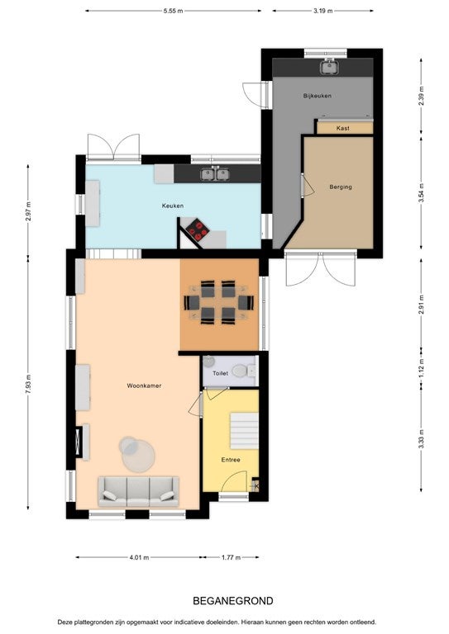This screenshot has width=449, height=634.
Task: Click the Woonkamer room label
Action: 144,386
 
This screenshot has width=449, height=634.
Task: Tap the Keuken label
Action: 173,206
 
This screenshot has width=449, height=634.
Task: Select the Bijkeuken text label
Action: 317,96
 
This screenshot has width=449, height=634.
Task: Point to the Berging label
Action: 341,187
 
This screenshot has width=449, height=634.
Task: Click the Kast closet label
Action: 343,128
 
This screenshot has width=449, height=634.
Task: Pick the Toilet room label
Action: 220,373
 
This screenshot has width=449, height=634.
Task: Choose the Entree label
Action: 231,460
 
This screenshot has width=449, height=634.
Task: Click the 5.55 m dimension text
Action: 174,11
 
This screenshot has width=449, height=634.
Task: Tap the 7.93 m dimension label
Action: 28,383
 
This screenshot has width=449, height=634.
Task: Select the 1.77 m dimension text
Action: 231,557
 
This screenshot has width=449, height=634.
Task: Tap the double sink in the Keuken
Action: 215,174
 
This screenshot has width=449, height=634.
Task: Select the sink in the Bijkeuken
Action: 330,67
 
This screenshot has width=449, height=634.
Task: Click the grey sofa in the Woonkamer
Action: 138,491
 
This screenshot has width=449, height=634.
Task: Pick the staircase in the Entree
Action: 245,431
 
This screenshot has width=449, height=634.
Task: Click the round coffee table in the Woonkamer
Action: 137,455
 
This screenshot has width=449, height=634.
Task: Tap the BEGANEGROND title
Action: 233,601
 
